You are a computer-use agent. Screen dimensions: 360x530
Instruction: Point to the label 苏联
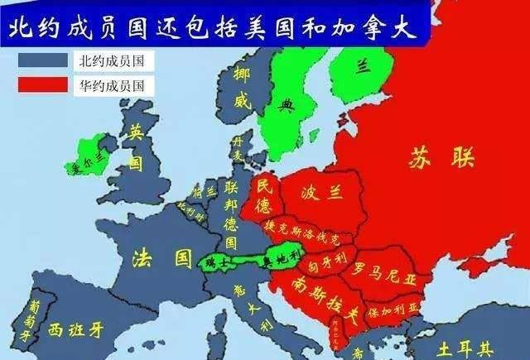(438, 158)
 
